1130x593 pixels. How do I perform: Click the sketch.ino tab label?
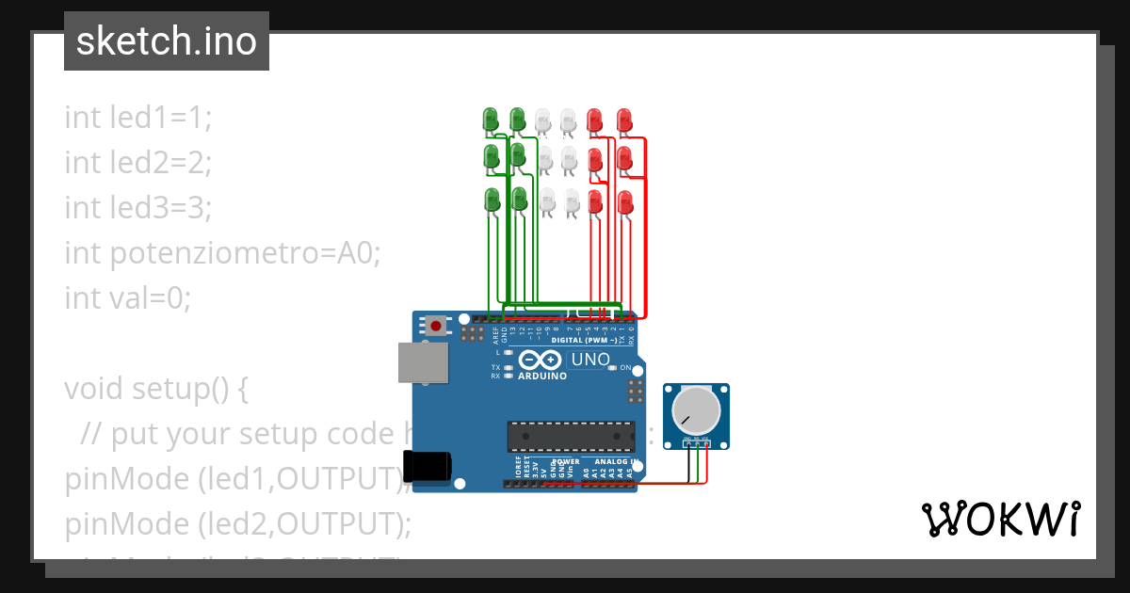(167, 41)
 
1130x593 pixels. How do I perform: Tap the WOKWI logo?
(1000, 519)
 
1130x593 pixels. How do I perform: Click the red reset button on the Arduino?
(435, 327)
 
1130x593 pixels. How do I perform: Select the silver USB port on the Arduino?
(423, 362)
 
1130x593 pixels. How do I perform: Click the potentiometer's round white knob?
(695, 410)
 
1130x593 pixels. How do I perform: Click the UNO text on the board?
(590, 359)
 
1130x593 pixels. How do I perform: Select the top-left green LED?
(491, 120)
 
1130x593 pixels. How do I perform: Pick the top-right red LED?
(623, 120)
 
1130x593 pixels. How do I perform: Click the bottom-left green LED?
(492, 200)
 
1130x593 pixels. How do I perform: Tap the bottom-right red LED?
(624, 201)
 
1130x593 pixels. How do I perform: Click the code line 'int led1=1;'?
(138, 118)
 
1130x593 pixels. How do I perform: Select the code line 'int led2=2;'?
(138, 163)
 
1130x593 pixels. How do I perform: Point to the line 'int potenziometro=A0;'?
(222, 253)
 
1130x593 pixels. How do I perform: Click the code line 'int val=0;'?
(127, 298)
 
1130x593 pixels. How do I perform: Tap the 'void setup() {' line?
(155, 389)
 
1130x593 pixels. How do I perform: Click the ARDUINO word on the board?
(541, 376)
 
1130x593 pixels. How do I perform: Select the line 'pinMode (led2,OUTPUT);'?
(238, 524)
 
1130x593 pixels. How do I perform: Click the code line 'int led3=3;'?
(138, 208)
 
